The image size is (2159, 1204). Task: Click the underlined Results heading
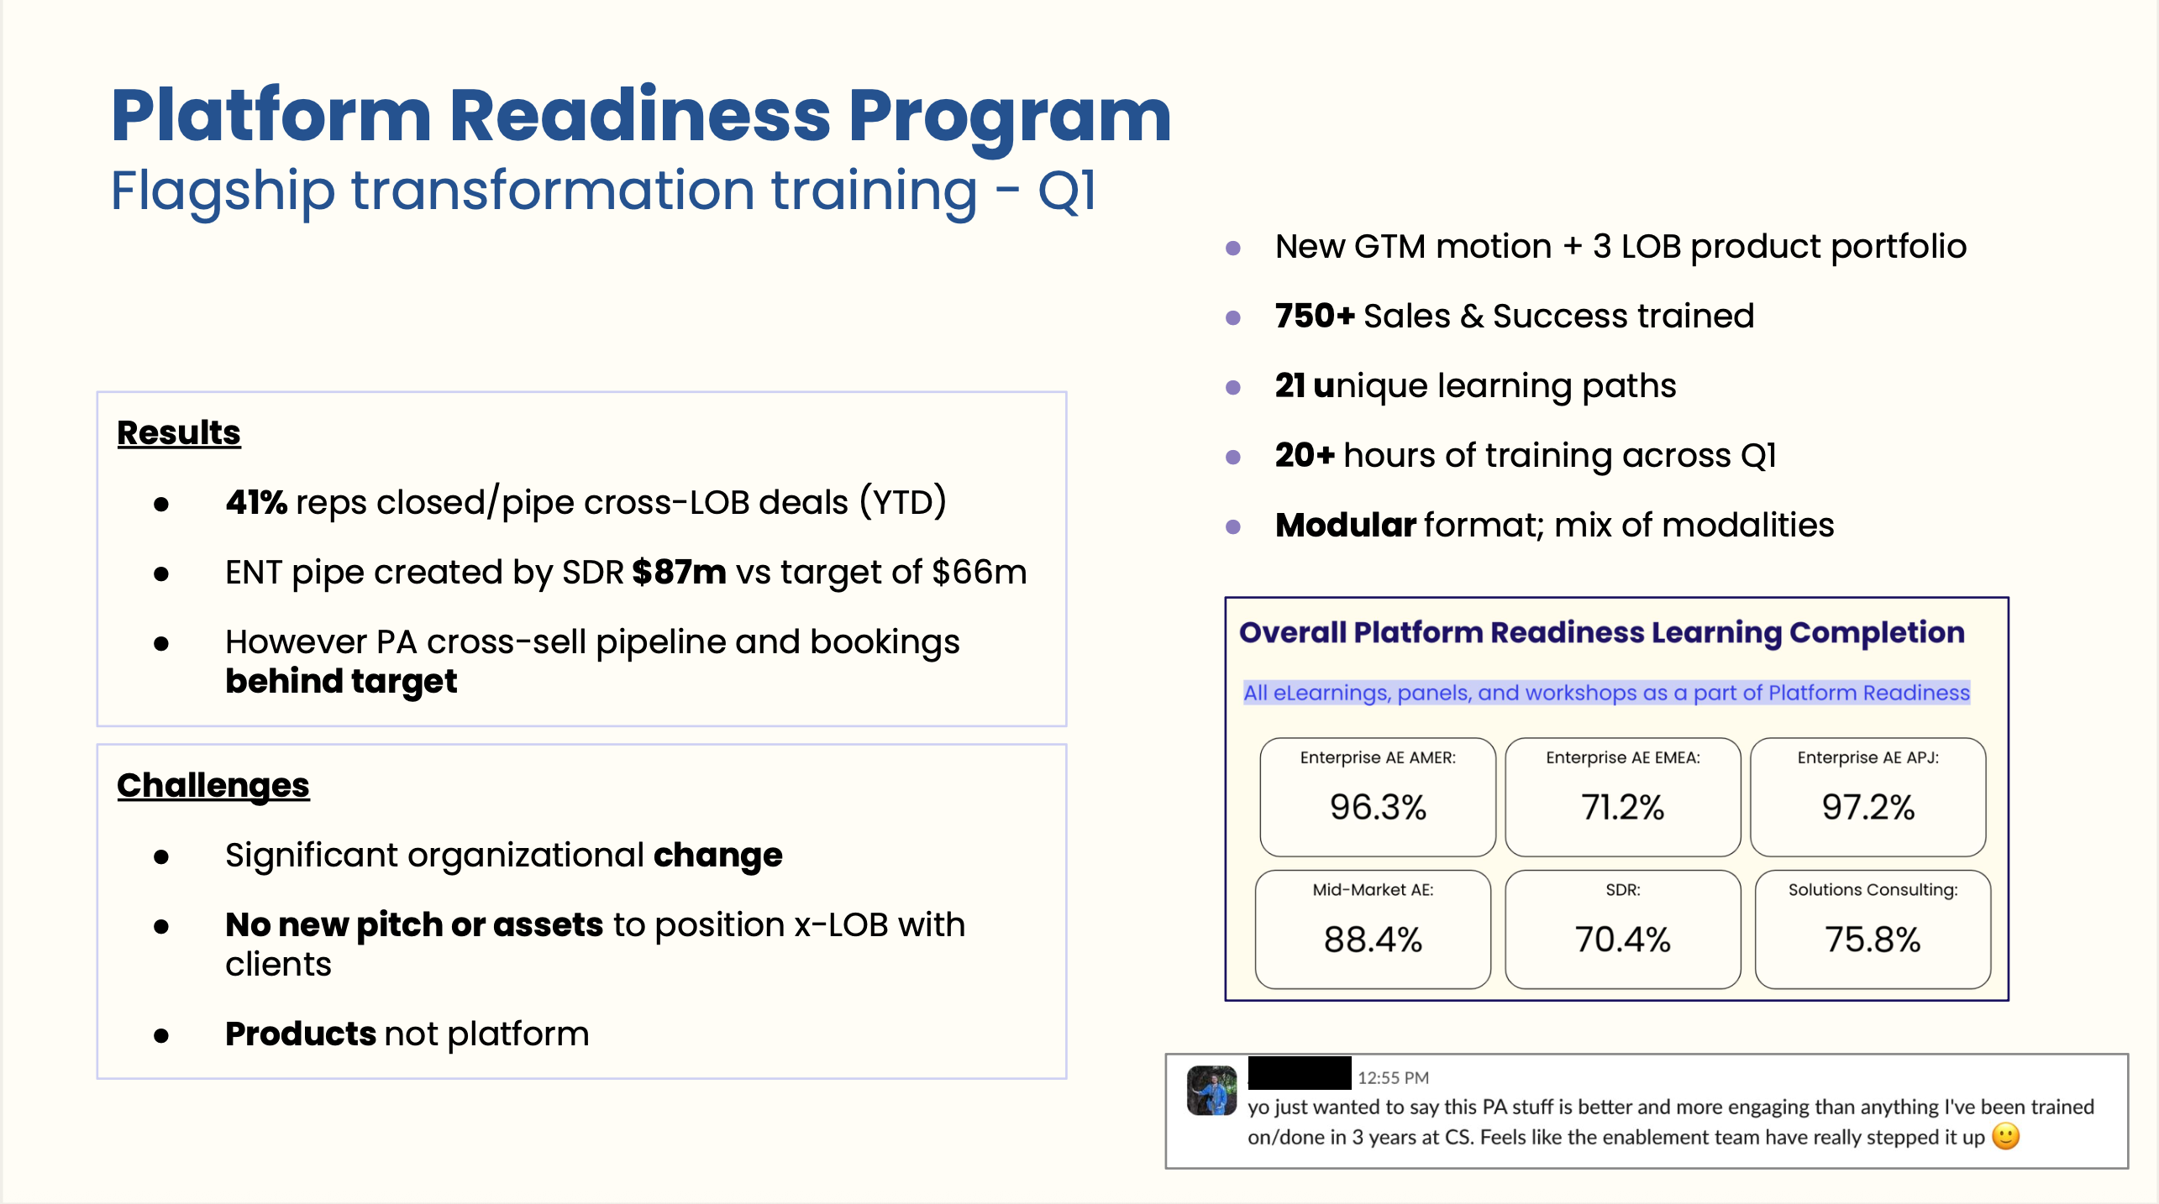(x=179, y=433)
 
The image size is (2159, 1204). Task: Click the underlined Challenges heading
(x=213, y=787)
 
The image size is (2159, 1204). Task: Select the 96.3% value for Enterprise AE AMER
(x=1378, y=807)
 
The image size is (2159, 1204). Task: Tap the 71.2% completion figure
(x=1622, y=807)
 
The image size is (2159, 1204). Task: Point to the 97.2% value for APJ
(x=1868, y=807)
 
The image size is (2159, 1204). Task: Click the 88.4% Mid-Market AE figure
(x=1373, y=940)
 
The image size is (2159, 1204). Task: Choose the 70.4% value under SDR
(x=1622, y=940)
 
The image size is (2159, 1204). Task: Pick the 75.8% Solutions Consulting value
(x=1873, y=940)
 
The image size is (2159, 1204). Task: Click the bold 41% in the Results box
(x=256, y=502)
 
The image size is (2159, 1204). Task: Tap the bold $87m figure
(x=679, y=572)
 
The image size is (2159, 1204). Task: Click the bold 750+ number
(x=1315, y=316)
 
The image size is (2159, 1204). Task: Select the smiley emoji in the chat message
(x=2005, y=1137)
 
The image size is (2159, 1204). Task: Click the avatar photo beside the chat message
(x=1211, y=1091)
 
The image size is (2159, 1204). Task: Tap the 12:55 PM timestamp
(x=1393, y=1077)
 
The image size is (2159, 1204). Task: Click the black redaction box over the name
(x=1300, y=1073)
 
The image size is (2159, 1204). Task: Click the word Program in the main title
(x=1010, y=117)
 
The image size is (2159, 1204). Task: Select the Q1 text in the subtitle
(x=1067, y=191)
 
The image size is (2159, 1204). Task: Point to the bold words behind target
(x=341, y=682)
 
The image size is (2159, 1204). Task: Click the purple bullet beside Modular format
(x=1233, y=526)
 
